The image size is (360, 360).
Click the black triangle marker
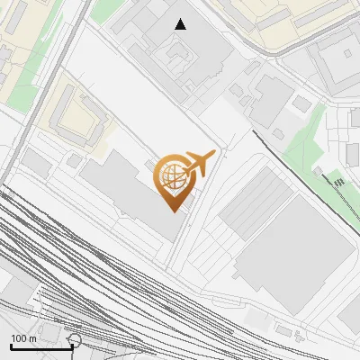pyautogui.click(x=181, y=24)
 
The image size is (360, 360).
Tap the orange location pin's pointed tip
pyautogui.click(x=171, y=209)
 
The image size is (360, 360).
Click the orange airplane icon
pyautogui.click(x=200, y=163)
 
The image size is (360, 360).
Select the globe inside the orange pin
pyautogui.click(x=171, y=178)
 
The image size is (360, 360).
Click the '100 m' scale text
pyautogui.click(x=23, y=338)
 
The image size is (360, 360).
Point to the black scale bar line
pyautogui.click(x=41, y=346)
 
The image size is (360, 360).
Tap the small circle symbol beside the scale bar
pyautogui.click(x=74, y=340)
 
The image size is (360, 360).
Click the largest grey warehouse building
pyautogui.click(x=297, y=256)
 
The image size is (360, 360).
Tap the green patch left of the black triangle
pyautogui.click(x=108, y=9)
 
